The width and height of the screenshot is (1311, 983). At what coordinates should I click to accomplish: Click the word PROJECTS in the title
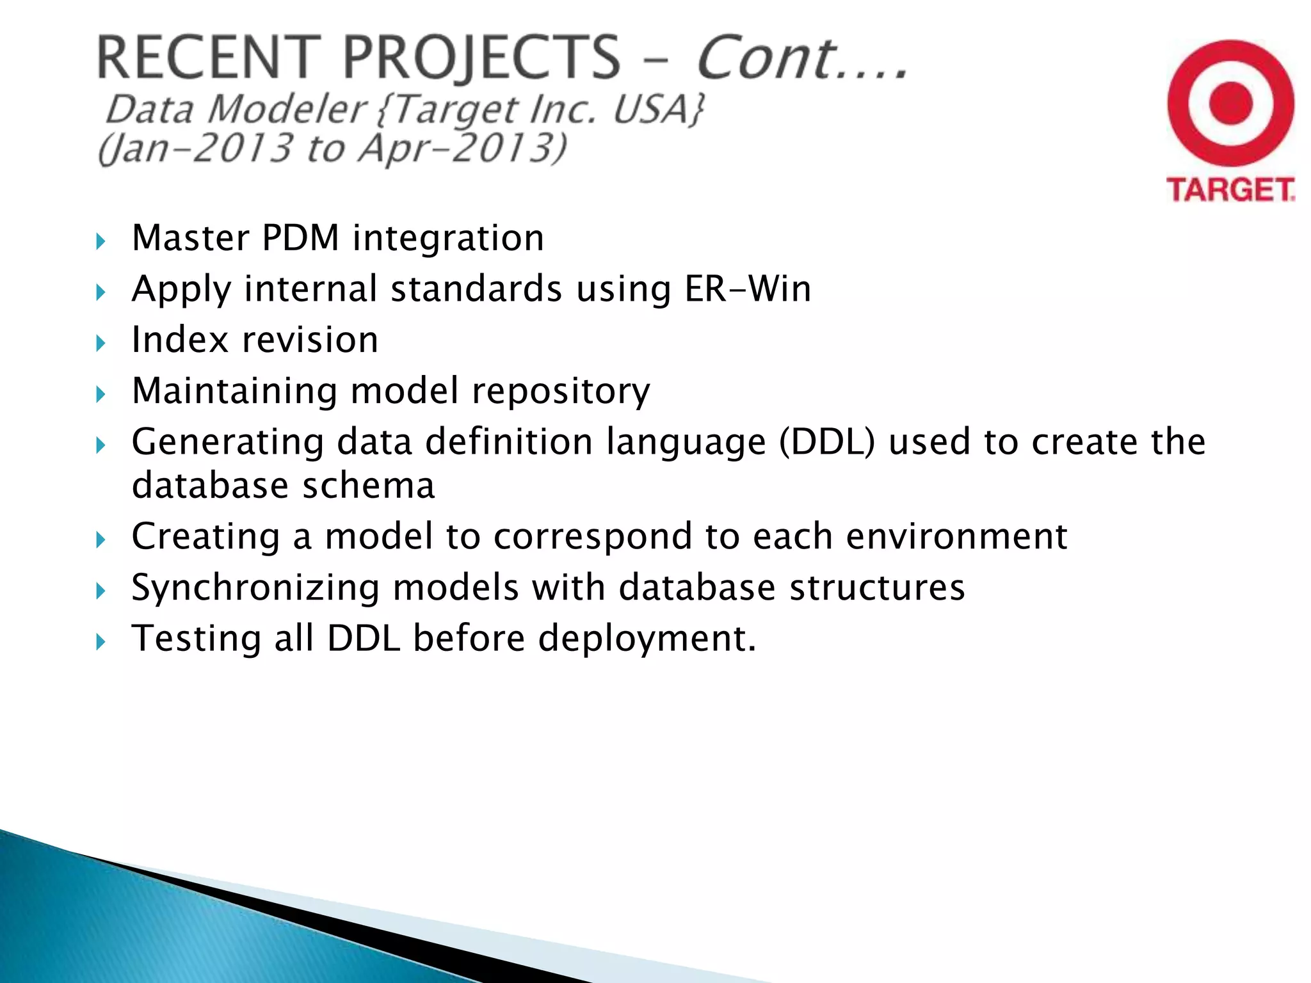pos(481,58)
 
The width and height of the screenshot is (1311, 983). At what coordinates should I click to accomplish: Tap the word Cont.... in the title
pos(801,58)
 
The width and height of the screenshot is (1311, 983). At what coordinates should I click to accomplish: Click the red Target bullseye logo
pos(1230,104)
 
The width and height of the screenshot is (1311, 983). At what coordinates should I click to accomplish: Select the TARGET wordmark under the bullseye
pos(1230,190)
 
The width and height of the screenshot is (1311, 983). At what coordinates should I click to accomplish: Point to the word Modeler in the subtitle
pos(287,109)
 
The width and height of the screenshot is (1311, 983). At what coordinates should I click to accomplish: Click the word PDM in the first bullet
pos(300,238)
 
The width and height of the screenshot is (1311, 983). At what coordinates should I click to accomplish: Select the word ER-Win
pos(747,289)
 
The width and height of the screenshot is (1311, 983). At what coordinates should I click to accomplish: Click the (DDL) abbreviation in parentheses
pos(826,442)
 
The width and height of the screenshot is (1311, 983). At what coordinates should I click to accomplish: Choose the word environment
pos(956,536)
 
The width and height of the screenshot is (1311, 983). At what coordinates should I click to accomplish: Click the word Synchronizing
pos(255,588)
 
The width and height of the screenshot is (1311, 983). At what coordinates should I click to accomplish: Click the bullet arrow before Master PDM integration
pos(100,242)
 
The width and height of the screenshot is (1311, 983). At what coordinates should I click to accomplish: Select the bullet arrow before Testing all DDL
pos(100,642)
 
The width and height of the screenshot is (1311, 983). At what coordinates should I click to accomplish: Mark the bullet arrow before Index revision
pos(100,344)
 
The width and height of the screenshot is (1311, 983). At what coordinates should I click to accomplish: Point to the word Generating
pos(227,443)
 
